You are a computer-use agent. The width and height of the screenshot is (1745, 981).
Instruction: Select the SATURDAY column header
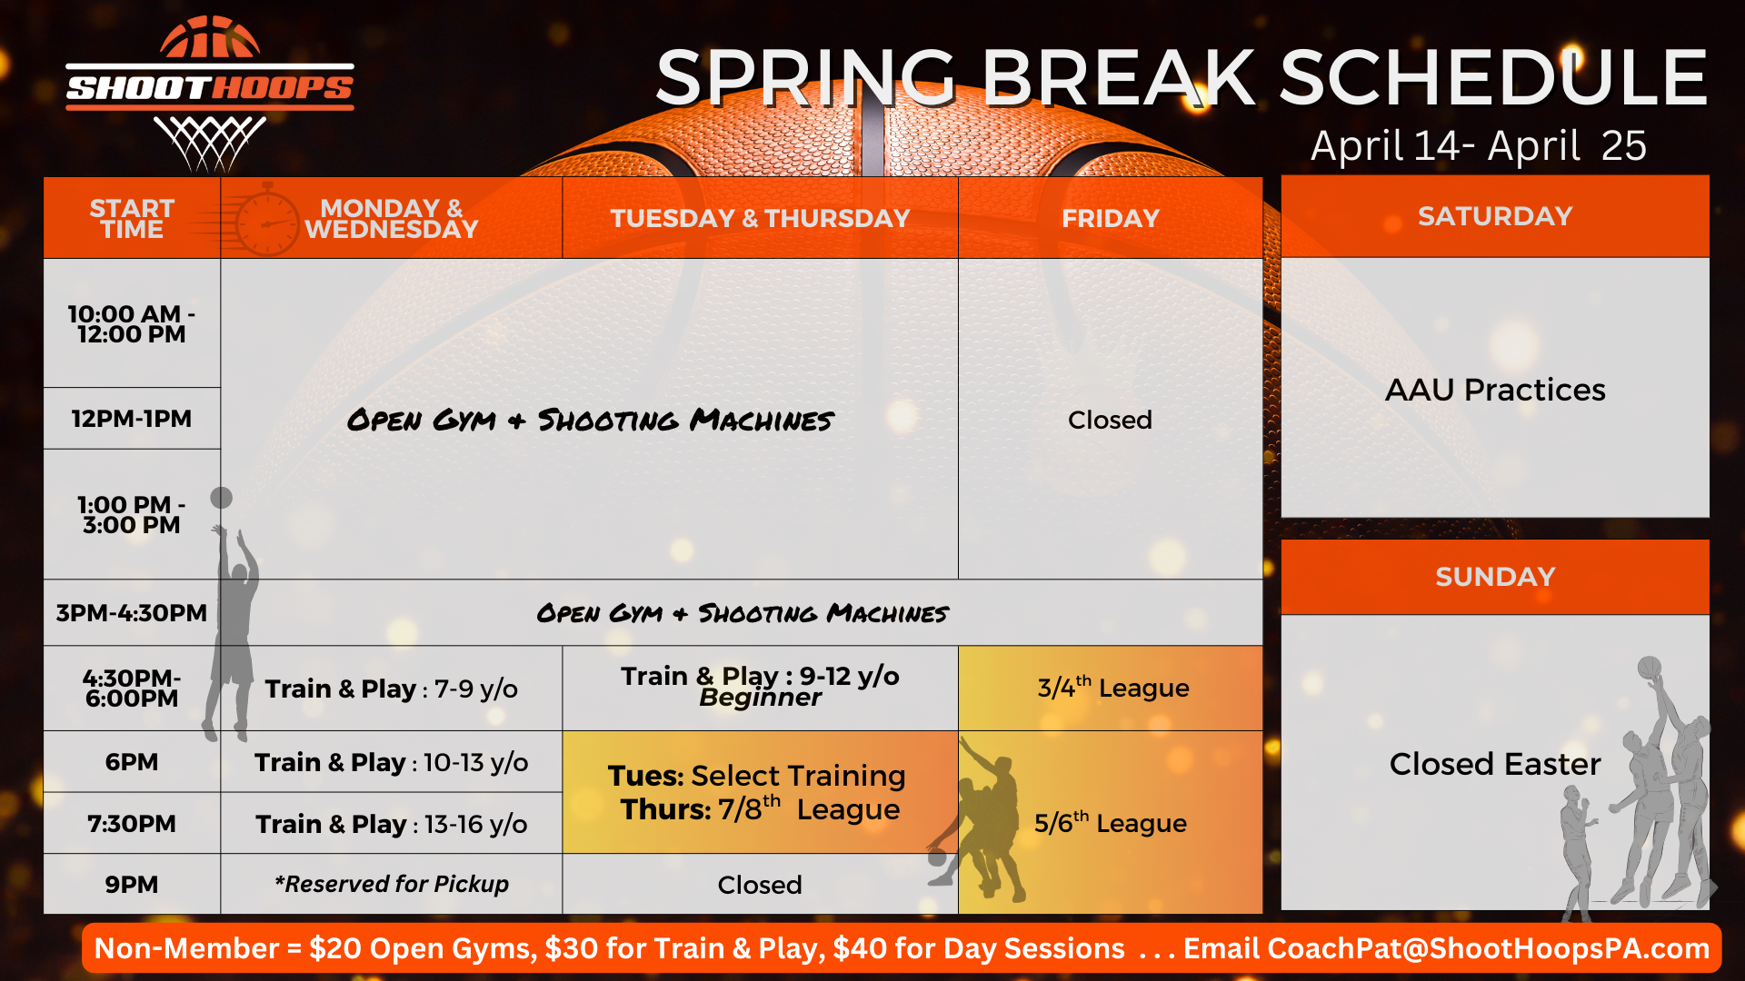(x=1495, y=216)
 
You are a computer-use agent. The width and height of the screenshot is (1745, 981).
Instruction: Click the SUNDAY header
(x=1495, y=577)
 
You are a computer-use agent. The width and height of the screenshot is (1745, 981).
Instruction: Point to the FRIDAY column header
(x=1111, y=218)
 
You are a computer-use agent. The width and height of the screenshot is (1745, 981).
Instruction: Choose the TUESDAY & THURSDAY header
(x=760, y=218)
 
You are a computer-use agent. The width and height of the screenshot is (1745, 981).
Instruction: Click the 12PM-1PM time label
(x=132, y=419)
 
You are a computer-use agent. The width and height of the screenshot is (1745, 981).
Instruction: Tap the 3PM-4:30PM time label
(x=132, y=613)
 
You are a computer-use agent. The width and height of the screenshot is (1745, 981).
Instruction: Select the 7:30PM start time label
(x=132, y=824)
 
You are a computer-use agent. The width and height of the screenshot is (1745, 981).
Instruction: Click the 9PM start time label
(x=132, y=885)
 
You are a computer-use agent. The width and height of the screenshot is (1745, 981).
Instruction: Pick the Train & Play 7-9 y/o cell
(x=392, y=689)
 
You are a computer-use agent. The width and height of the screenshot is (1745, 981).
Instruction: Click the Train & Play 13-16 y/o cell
(x=392, y=824)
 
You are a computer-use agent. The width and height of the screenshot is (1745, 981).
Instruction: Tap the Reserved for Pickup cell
(x=392, y=884)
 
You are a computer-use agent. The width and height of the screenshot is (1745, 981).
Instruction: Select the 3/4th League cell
(x=1111, y=689)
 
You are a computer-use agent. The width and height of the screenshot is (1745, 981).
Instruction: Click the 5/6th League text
(x=1111, y=822)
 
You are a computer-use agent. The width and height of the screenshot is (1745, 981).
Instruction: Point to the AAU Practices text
(x=1495, y=390)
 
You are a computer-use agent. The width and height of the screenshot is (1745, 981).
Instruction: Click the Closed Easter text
(x=1495, y=764)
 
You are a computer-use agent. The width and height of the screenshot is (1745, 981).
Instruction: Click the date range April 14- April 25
(x=1479, y=145)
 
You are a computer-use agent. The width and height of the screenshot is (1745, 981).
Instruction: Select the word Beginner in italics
(x=760, y=698)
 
